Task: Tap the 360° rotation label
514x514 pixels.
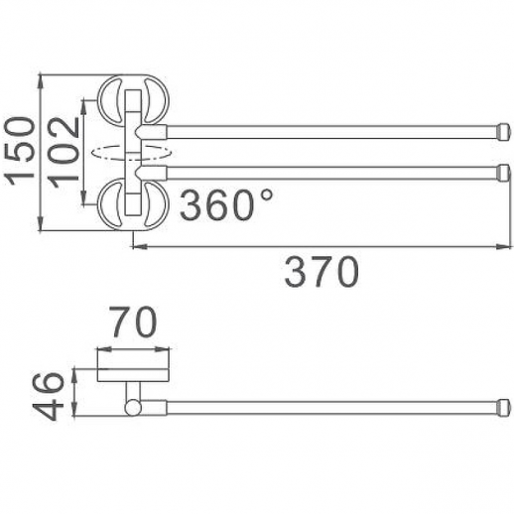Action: point(227,206)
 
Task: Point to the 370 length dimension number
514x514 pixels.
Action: point(321,270)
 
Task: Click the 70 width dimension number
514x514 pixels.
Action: point(133,323)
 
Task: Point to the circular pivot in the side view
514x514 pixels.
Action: point(132,404)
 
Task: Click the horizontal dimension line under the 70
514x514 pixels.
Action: point(133,349)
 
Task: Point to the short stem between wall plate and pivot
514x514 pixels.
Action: point(132,388)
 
